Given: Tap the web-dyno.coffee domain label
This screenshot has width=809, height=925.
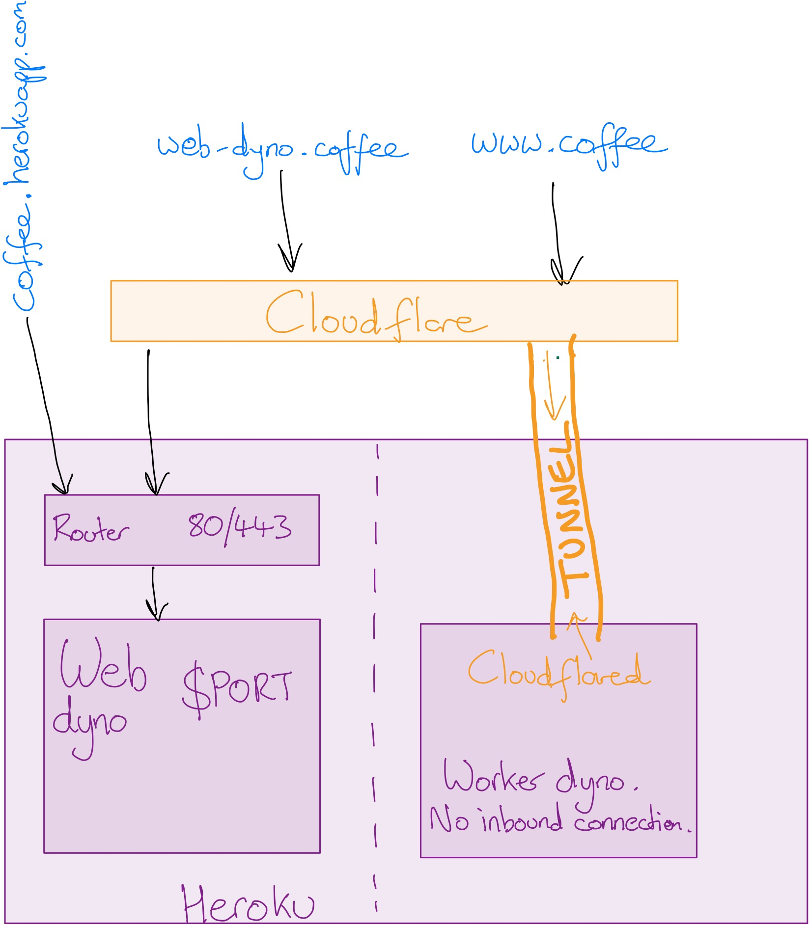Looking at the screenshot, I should coord(282,147).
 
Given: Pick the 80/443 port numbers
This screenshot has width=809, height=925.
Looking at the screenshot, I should coord(240,528).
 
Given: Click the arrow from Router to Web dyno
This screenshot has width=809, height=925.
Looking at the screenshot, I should coord(154,592).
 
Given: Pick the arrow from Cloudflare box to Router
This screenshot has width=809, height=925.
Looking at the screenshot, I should coord(149,417).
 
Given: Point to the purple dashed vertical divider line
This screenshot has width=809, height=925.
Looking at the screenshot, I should coord(375,678).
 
